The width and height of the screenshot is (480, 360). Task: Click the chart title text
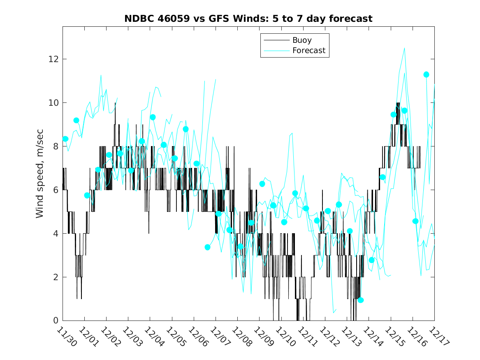pos(248,19)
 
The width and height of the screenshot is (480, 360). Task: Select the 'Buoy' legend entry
pos(302,40)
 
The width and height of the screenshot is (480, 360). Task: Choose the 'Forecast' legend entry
pos(308,51)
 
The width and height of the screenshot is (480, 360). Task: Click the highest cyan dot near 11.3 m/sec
pos(426,74)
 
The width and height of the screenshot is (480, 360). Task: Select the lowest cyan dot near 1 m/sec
pos(361,300)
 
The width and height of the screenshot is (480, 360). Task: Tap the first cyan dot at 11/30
pos(65,139)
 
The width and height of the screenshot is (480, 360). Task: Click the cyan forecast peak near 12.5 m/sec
pos(404,48)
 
